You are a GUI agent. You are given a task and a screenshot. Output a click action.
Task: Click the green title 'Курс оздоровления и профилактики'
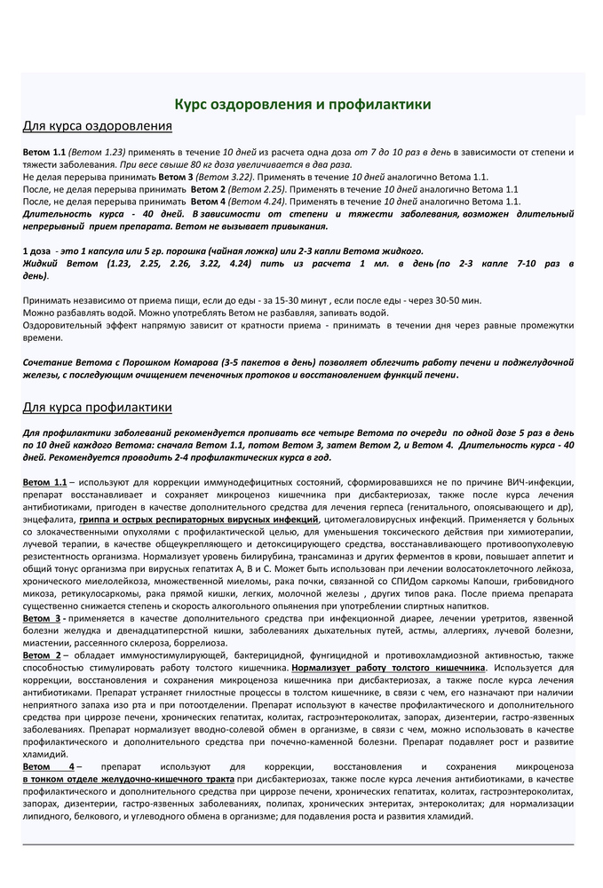pos(302,105)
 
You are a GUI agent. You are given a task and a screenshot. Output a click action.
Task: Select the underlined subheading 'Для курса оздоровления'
pos(97,126)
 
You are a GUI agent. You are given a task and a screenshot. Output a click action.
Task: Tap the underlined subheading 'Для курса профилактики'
pos(97,408)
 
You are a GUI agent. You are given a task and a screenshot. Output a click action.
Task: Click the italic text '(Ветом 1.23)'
pos(98,153)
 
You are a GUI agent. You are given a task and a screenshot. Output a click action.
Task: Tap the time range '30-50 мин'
pos(461,300)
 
